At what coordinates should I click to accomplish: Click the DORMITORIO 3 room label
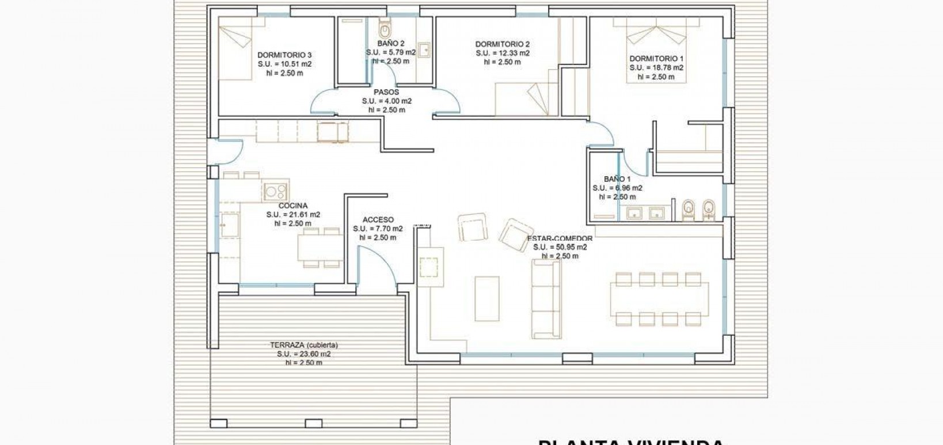(284, 55)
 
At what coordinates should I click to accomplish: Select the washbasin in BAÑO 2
(424, 50)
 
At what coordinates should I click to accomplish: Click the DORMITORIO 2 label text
(502, 44)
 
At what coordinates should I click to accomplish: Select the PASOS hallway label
(386, 92)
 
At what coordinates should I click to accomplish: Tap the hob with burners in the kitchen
(276, 191)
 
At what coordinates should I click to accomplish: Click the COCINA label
(293, 206)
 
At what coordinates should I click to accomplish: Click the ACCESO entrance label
(378, 220)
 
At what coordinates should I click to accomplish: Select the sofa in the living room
(545, 298)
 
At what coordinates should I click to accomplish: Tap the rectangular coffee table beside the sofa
(486, 298)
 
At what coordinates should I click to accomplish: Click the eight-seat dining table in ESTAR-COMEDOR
(659, 299)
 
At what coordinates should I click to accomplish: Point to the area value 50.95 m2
(560, 248)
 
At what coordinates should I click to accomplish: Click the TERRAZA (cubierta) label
(304, 345)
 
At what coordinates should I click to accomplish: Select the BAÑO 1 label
(617, 179)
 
